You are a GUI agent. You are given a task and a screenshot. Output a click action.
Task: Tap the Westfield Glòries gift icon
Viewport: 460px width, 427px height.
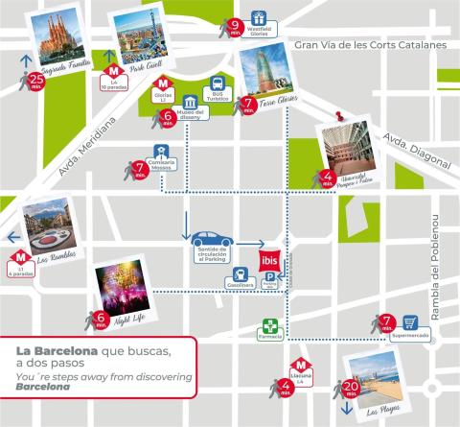(258, 18)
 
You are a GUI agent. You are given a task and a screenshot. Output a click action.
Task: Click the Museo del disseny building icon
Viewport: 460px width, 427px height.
(190, 104)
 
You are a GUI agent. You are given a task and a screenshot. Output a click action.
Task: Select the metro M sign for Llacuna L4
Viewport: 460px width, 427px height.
(300, 366)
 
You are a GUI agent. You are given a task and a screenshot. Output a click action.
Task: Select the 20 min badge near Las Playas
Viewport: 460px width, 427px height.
(352, 390)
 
